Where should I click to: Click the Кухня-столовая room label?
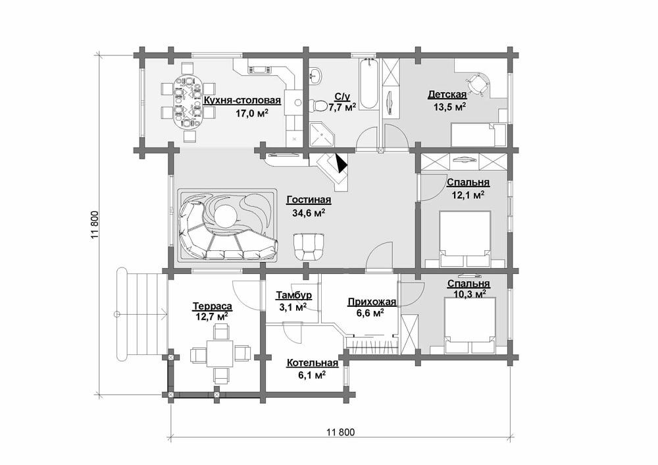(x=242, y=101)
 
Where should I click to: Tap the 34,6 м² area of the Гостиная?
(x=309, y=213)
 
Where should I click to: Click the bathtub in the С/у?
(x=369, y=84)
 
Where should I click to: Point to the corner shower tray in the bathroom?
(x=322, y=134)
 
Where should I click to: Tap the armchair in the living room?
(x=309, y=247)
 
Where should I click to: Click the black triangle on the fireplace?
(x=342, y=163)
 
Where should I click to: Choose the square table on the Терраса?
(x=220, y=354)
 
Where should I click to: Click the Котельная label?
(x=312, y=363)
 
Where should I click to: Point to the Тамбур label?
(x=293, y=295)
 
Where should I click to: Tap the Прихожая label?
(x=372, y=302)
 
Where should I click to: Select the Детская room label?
(x=447, y=94)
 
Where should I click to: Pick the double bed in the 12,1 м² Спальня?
(x=465, y=239)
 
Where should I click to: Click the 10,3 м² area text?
(x=470, y=294)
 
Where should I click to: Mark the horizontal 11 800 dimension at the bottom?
(x=340, y=432)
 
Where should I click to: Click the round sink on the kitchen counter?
(x=298, y=102)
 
